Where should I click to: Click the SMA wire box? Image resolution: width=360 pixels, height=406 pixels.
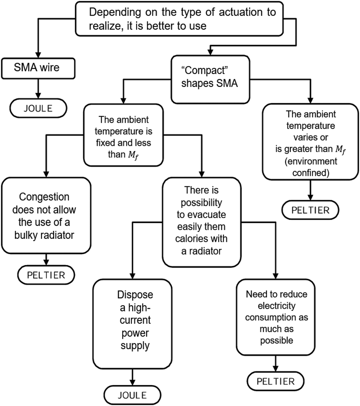[38, 69]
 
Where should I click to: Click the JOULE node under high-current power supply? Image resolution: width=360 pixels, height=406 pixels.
[132, 395]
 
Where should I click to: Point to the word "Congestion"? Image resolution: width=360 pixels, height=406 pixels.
[45, 197]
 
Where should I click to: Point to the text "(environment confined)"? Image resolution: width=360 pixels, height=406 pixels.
[310, 166]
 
